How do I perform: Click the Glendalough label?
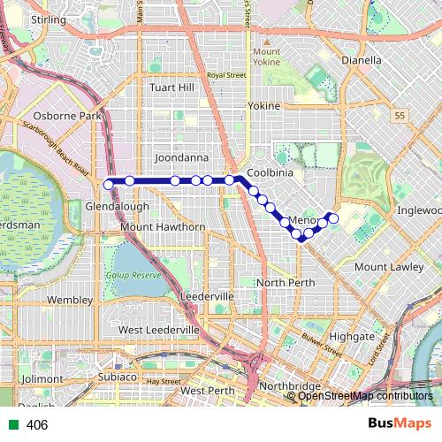(x=117, y=205)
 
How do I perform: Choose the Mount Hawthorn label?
(x=163, y=227)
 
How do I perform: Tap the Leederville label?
(x=206, y=295)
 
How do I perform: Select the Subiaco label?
(x=117, y=377)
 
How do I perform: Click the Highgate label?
(x=352, y=337)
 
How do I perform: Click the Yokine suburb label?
(x=263, y=106)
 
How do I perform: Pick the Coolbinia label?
(x=270, y=173)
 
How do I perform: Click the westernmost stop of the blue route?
(x=109, y=184)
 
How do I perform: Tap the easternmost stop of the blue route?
(x=333, y=218)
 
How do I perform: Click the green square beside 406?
(x=12, y=425)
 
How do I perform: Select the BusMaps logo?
(x=400, y=424)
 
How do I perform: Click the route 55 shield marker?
(x=400, y=116)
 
